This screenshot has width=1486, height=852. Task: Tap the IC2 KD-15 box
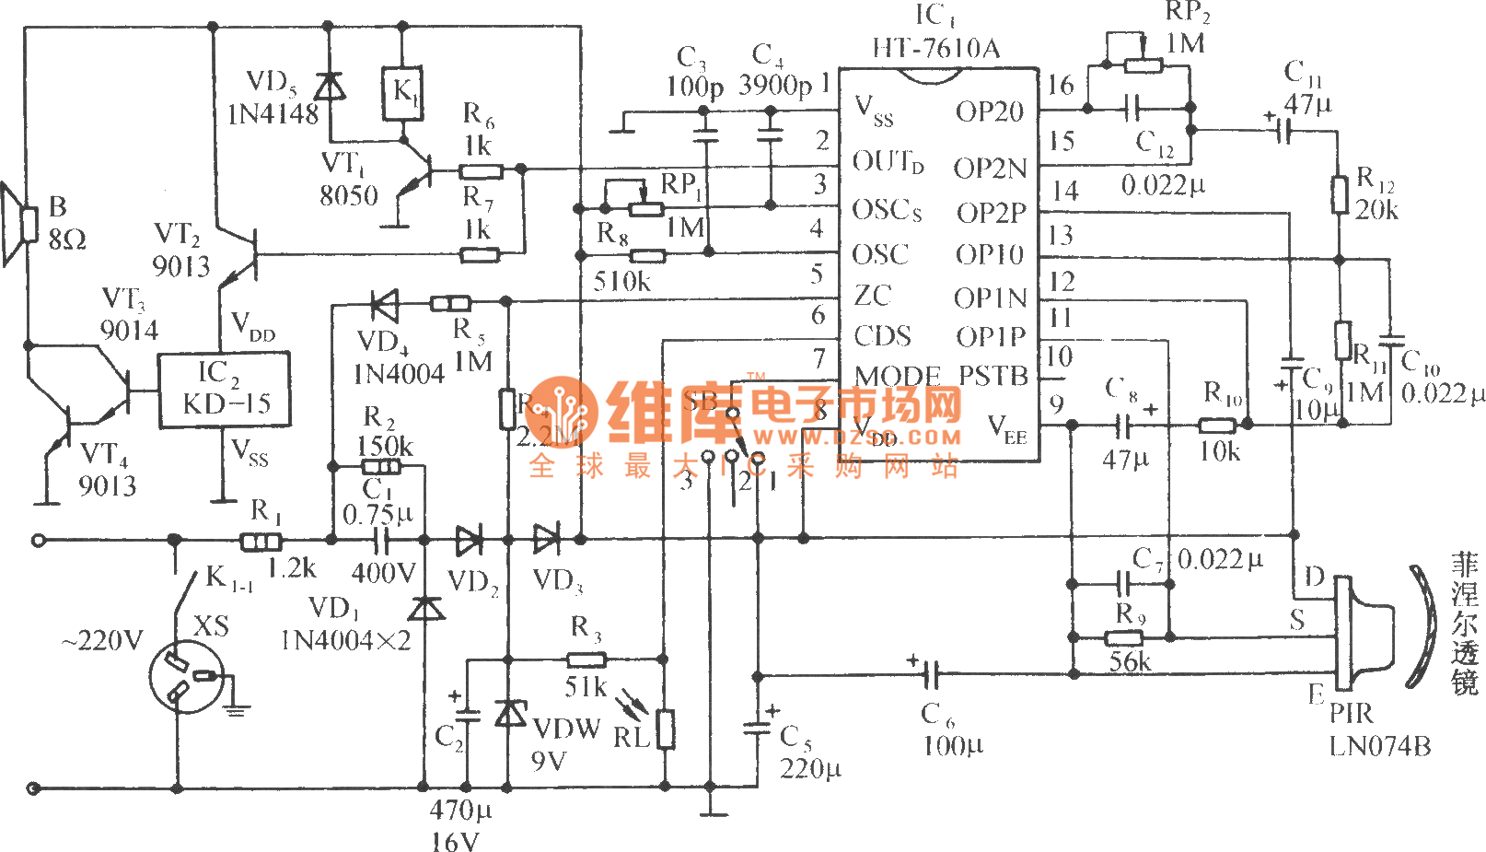pos(224,390)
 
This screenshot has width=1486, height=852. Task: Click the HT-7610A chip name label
pos(935,48)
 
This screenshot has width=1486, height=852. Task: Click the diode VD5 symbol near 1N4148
pos(329,87)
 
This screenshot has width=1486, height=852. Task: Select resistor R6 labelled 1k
pos(481,169)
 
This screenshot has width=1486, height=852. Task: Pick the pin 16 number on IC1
pos(1061,86)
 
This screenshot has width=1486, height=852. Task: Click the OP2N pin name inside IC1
pos(990,169)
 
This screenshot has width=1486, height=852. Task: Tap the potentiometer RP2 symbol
pos(1143,64)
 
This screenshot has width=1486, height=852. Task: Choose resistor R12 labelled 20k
pos(1341,195)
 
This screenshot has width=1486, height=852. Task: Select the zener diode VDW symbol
pos(509,714)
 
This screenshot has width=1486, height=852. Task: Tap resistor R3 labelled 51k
pos(586,659)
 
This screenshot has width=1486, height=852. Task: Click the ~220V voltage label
pos(102,640)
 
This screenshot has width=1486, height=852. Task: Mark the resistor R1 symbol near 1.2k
pos(261,541)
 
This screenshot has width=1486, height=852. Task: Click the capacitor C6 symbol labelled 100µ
pos(931,676)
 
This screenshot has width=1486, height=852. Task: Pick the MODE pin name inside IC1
pos(897,377)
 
